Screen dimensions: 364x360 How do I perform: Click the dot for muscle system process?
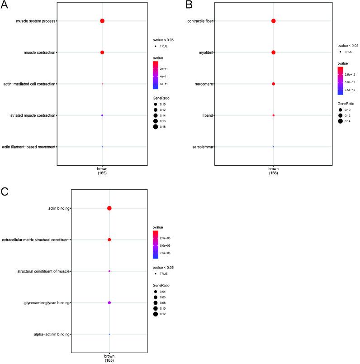pyautogui.click(x=102, y=21)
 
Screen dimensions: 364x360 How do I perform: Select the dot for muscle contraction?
pyautogui.click(x=102, y=53)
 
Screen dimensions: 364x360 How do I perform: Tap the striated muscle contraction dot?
pyautogui.click(x=102, y=115)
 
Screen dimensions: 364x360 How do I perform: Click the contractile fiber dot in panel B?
pyautogui.click(x=274, y=21)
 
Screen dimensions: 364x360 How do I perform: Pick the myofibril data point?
pyautogui.click(x=274, y=53)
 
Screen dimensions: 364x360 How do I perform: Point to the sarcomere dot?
pyautogui.click(x=274, y=84)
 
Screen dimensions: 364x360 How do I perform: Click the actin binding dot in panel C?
pyautogui.click(x=109, y=208)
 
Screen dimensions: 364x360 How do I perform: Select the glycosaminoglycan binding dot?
pyautogui.click(x=109, y=302)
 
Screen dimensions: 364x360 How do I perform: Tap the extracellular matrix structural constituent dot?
pyautogui.click(x=109, y=239)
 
